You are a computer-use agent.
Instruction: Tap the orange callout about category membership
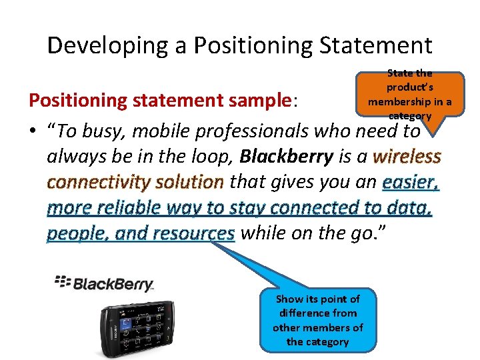click(x=409, y=94)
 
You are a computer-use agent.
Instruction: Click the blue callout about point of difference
click(x=318, y=319)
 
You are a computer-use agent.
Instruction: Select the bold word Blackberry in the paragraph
click(x=286, y=157)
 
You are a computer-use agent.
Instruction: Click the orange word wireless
click(x=407, y=157)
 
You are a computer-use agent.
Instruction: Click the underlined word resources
click(x=193, y=233)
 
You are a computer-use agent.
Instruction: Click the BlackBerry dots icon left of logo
click(x=62, y=282)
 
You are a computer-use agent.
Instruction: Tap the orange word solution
click(x=193, y=182)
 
